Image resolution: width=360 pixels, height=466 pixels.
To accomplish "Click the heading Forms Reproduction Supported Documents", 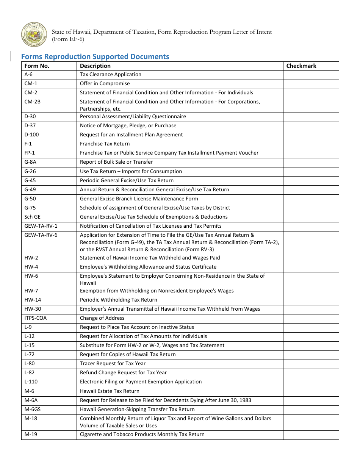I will click(x=95, y=56).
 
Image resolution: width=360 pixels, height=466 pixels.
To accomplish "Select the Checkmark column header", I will click(x=301, y=66).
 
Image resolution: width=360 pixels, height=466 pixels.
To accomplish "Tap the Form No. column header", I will click(x=37, y=66).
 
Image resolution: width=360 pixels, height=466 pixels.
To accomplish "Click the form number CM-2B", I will click(x=33, y=102).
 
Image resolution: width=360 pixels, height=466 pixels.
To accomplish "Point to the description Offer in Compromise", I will click(x=105, y=84).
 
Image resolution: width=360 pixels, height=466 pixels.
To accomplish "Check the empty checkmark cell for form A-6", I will click(x=311, y=75).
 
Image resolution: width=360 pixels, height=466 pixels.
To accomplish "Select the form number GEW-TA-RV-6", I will click(x=41, y=235).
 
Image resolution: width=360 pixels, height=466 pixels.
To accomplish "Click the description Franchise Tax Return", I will click(x=105, y=144).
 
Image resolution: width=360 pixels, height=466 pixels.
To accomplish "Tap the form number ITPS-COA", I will click(x=36, y=318).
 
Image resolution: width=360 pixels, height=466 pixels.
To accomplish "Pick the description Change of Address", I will click(x=102, y=318).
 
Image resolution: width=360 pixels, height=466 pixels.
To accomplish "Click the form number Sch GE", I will click(x=32, y=217).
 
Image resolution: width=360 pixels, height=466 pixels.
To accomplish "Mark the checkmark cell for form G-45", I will click(x=311, y=181).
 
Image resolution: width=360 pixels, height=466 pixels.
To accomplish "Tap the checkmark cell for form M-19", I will click(x=311, y=435).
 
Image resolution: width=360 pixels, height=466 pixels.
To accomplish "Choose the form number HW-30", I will click(x=33, y=309).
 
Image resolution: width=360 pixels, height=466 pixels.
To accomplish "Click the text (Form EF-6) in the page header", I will click(x=68, y=39).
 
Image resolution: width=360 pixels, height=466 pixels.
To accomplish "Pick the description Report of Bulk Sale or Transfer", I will click(x=116, y=162).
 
